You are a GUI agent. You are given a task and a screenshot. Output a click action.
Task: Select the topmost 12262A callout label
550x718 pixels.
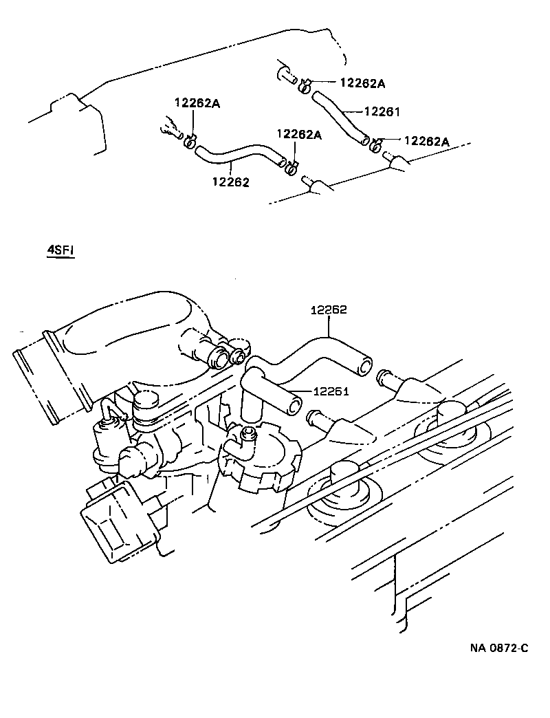tap(362, 83)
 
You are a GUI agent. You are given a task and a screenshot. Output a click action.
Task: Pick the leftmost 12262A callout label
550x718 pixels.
tap(197, 103)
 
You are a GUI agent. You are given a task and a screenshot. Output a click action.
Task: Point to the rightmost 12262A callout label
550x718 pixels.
tap(426, 141)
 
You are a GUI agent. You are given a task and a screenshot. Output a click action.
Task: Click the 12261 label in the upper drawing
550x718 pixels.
tap(382, 111)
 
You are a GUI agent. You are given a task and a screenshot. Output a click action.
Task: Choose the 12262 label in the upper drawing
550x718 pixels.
tap(230, 182)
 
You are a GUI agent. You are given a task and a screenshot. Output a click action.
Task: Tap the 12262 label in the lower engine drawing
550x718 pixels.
tap(329, 310)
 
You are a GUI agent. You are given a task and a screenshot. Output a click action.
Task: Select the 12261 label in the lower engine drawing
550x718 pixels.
tap(332, 392)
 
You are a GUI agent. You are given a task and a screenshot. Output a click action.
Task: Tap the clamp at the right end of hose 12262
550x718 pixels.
tap(291, 165)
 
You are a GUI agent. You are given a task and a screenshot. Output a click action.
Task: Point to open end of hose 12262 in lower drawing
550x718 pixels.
tap(364, 365)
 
